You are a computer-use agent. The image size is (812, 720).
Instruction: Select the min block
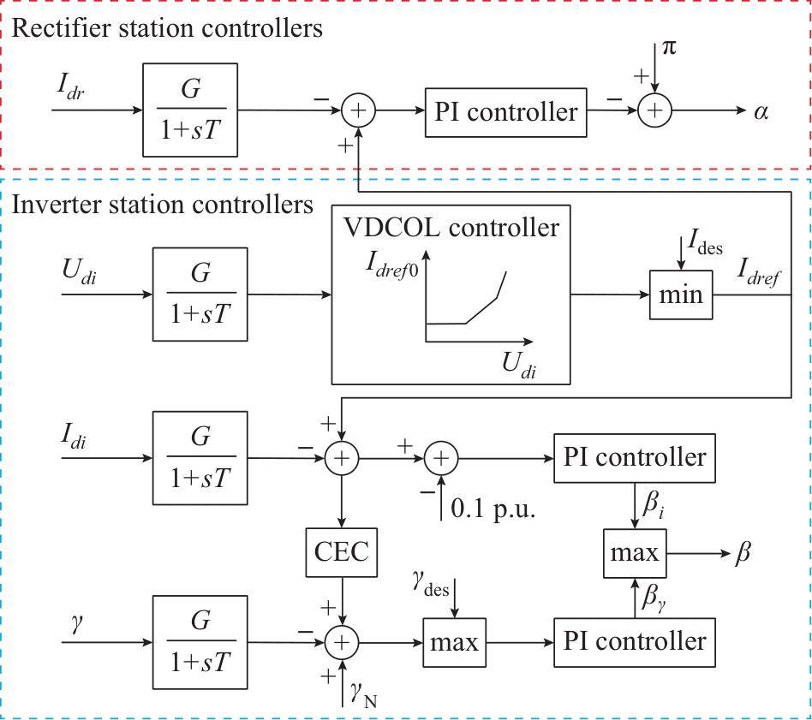pyautogui.click(x=681, y=295)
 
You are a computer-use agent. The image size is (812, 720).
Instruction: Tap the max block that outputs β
pyautogui.click(x=635, y=552)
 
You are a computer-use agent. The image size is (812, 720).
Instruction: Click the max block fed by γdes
pyautogui.click(x=454, y=641)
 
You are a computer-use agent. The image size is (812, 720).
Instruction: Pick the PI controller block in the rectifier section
pyautogui.click(x=505, y=111)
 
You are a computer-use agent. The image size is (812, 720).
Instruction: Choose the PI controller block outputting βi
pyautogui.click(x=635, y=457)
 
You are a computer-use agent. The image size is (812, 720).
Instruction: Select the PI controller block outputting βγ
pyautogui.click(x=635, y=640)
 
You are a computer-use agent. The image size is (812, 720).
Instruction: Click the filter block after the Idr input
pyautogui.click(x=189, y=110)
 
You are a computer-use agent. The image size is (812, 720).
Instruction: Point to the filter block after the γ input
pyautogui.click(x=200, y=641)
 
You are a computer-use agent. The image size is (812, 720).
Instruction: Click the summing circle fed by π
pyautogui.click(x=654, y=110)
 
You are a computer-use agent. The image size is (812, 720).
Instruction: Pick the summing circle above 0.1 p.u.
pyautogui.click(x=441, y=459)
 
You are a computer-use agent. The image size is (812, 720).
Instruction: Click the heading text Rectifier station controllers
pyautogui.click(x=169, y=28)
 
